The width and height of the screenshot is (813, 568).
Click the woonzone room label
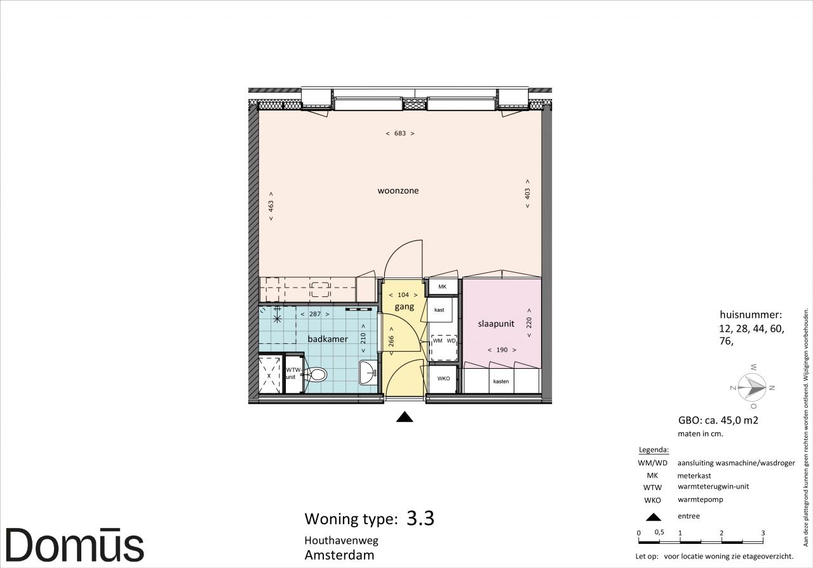398,191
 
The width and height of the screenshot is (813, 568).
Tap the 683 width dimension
400,133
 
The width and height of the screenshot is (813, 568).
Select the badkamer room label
328,339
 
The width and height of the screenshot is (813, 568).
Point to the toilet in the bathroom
314,374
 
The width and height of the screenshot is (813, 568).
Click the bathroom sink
368,372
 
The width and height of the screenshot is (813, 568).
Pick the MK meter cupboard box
442,287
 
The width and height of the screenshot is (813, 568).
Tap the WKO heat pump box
443,379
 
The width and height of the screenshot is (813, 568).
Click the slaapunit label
496,324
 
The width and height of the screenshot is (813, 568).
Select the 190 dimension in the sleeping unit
502,350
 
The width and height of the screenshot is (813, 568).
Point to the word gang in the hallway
405,307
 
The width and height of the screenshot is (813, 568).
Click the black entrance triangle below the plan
405,417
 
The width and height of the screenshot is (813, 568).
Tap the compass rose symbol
752,386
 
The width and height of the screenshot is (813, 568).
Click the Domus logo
75,545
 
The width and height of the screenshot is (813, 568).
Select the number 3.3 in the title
420,518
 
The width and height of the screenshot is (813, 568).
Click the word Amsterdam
339,555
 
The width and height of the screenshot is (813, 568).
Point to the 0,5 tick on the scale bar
659,532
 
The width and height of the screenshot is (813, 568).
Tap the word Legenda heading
654,450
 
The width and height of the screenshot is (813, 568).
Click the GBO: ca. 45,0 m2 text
718,420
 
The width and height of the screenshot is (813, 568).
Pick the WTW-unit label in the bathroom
293,374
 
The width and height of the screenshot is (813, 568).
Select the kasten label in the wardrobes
501,381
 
